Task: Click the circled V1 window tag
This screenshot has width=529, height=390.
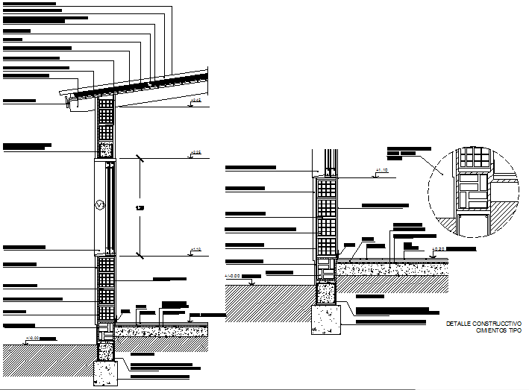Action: pos(99,204)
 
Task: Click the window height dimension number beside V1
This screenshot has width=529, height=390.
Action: pos(140,207)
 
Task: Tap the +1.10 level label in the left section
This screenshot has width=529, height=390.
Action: pos(196,249)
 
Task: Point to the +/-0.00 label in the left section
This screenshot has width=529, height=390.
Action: pos(34,338)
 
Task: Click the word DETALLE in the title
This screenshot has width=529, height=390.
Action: pos(458,323)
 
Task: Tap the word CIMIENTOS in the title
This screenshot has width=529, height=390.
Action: pos(490,330)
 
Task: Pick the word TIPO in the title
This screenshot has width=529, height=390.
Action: pos(514,330)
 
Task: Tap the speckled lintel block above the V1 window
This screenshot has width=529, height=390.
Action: pos(106,149)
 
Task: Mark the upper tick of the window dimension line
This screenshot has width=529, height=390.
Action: pos(140,157)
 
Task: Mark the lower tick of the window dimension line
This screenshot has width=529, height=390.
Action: pos(140,254)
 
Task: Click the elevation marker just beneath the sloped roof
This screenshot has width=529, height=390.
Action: pos(195,100)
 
